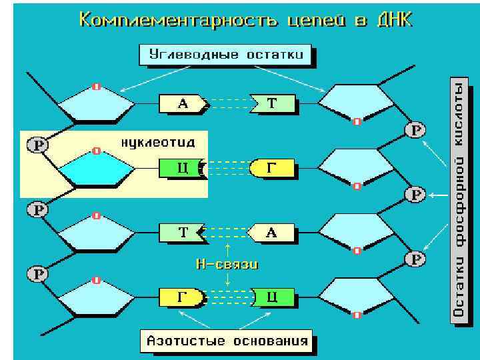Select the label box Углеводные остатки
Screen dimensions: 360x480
(225, 55)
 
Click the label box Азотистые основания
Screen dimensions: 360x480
(227, 341)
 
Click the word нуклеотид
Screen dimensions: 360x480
(159, 143)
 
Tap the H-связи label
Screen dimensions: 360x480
(227, 264)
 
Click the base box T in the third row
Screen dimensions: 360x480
(182, 232)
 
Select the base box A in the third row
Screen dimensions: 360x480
(271, 232)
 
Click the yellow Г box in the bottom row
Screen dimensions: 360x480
(181, 296)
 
